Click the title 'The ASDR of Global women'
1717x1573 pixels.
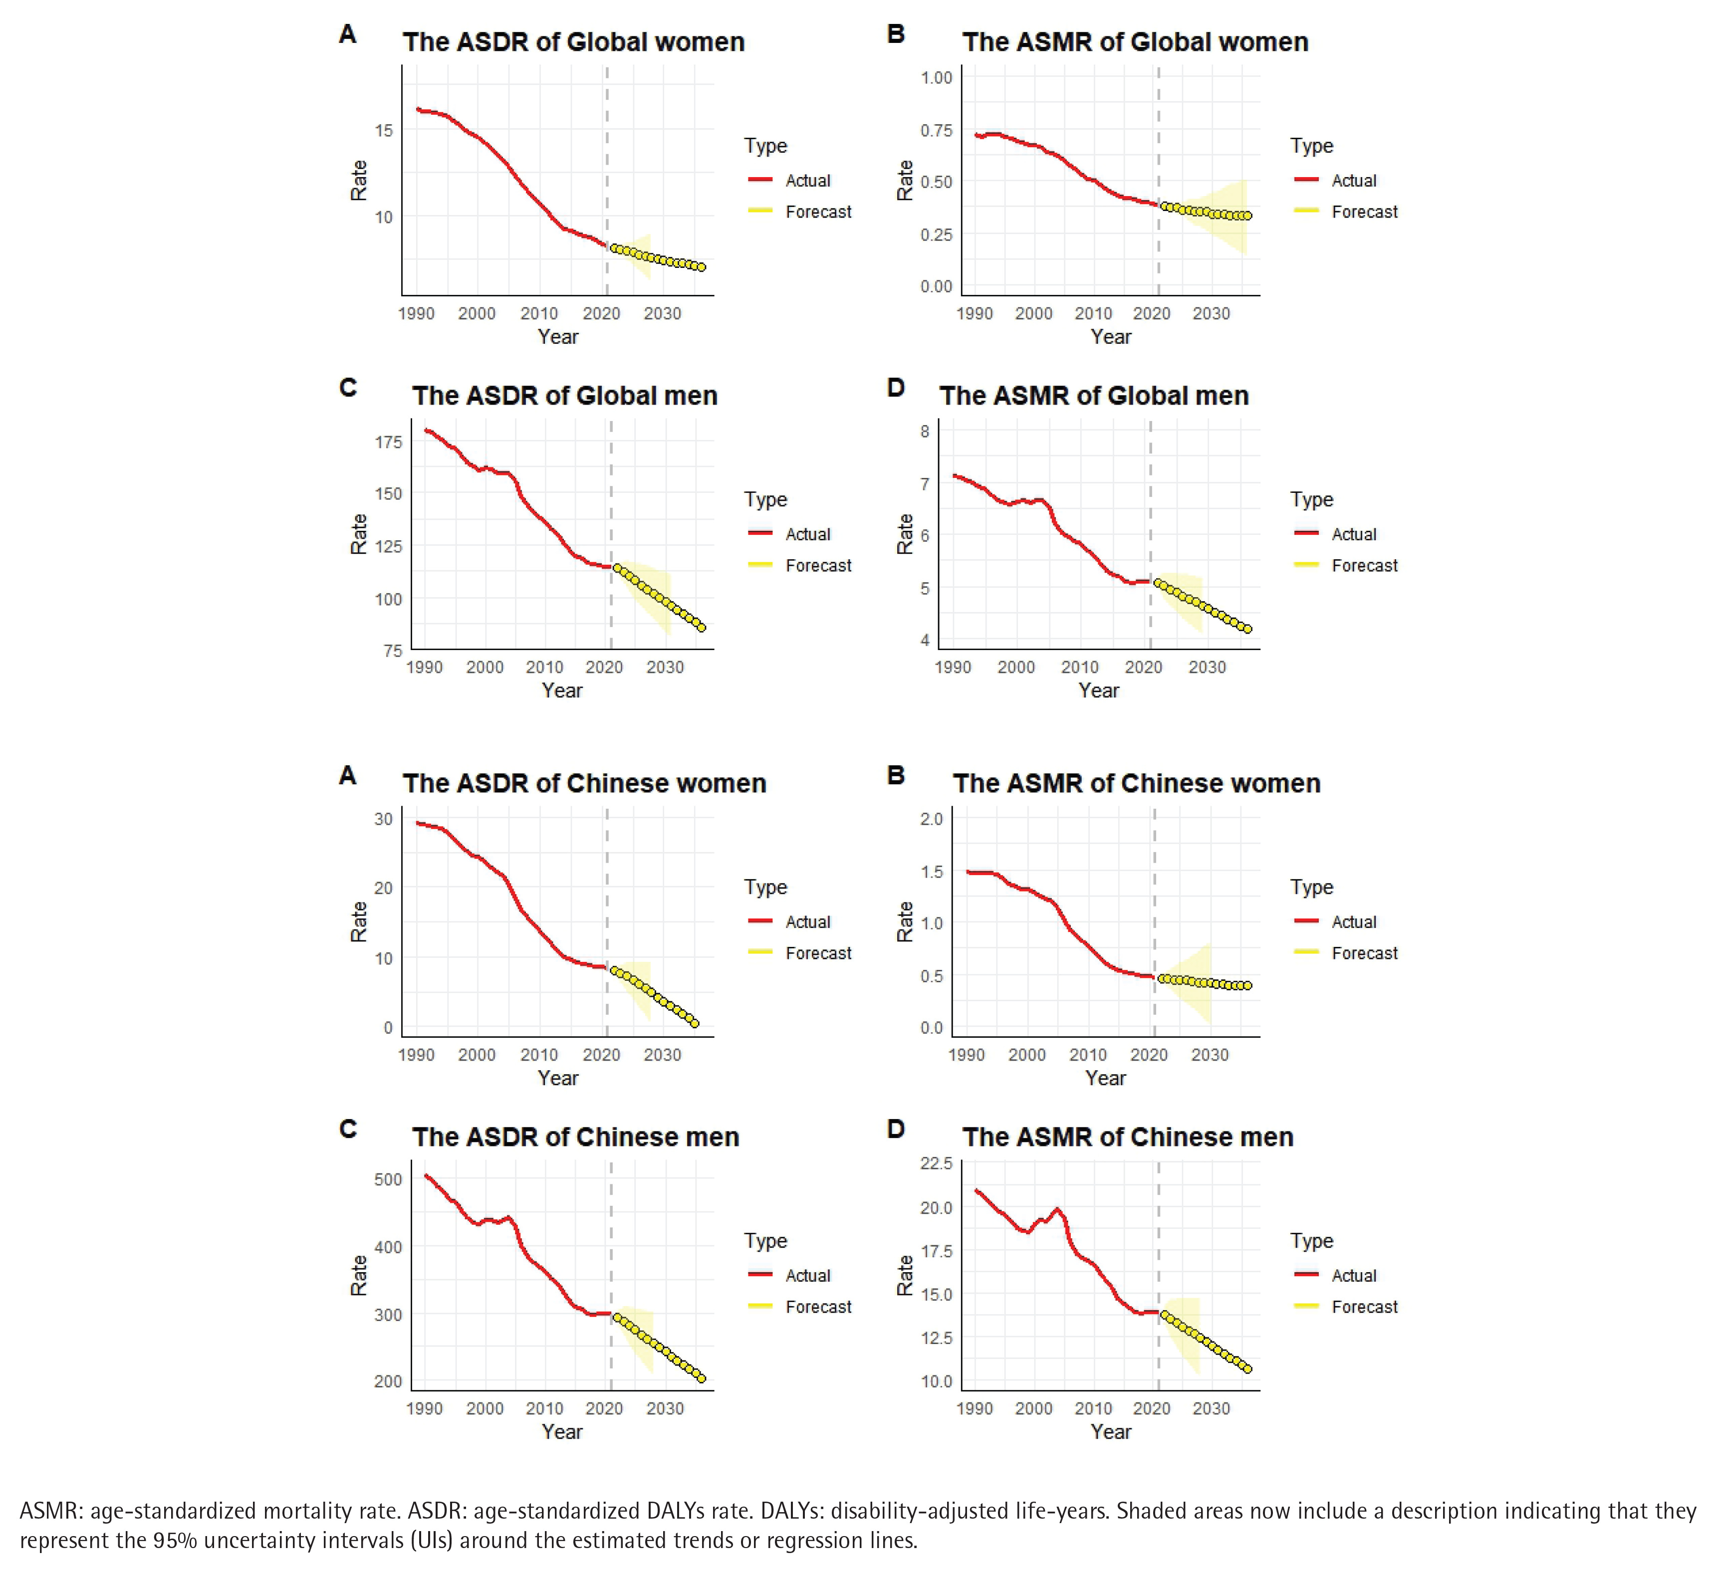point(573,42)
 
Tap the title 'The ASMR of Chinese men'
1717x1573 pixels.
point(1128,1137)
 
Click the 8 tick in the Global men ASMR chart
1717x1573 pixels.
point(925,431)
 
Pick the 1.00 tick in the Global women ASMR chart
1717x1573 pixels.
point(936,77)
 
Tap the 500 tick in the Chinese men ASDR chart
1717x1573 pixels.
point(388,1179)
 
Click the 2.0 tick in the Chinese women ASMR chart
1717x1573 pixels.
point(932,819)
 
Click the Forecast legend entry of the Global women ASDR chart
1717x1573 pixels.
point(818,212)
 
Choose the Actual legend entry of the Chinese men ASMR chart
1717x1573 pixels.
point(1353,1276)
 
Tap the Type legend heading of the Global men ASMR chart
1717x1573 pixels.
point(1311,500)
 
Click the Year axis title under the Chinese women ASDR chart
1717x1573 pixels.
point(558,1078)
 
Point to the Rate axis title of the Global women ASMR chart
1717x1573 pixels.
point(905,181)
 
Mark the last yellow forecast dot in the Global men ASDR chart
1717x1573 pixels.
point(702,628)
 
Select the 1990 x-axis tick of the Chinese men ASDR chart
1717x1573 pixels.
point(424,1409)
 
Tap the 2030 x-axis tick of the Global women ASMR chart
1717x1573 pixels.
point(1210,313)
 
